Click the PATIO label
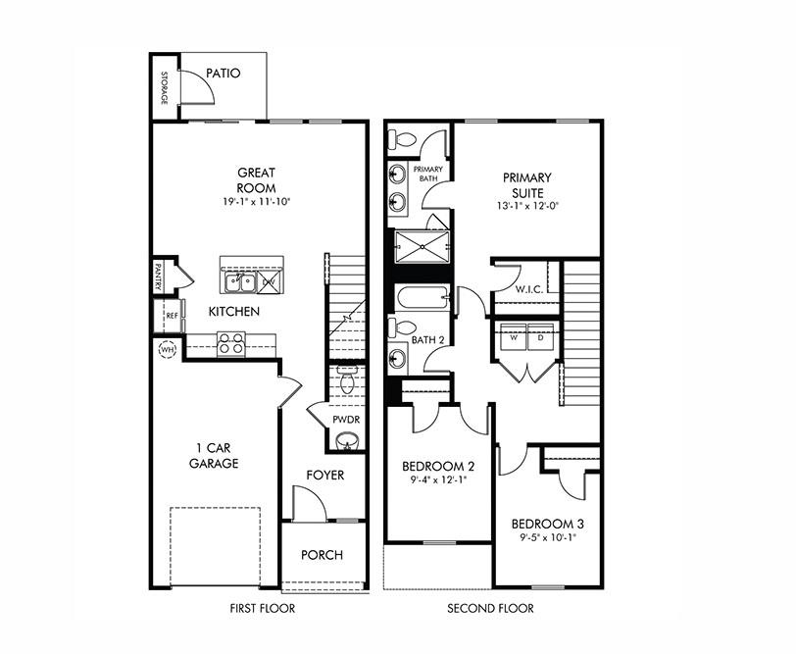click(224, 73)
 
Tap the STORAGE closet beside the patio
click(165, 87)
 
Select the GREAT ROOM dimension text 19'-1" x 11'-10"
click(256, 202)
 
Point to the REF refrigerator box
click(171, 316)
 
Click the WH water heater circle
click(165, 348)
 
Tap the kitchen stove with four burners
click(230, 343)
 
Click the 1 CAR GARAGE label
click(213, 456)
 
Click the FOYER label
click(324, 475)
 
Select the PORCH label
click(322, 555)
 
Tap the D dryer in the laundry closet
click(541, 336)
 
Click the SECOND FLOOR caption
click(490, 609)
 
